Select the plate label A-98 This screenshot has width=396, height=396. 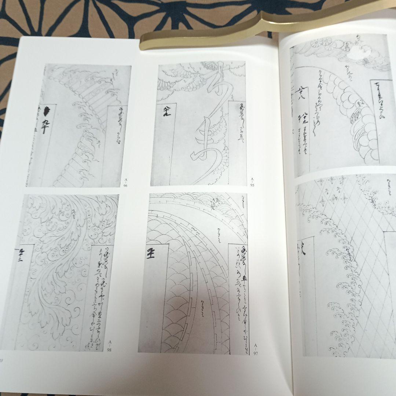pyautogui.click(x=109, y=345)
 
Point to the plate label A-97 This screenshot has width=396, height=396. pyautogui.click(x=256, y=349)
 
